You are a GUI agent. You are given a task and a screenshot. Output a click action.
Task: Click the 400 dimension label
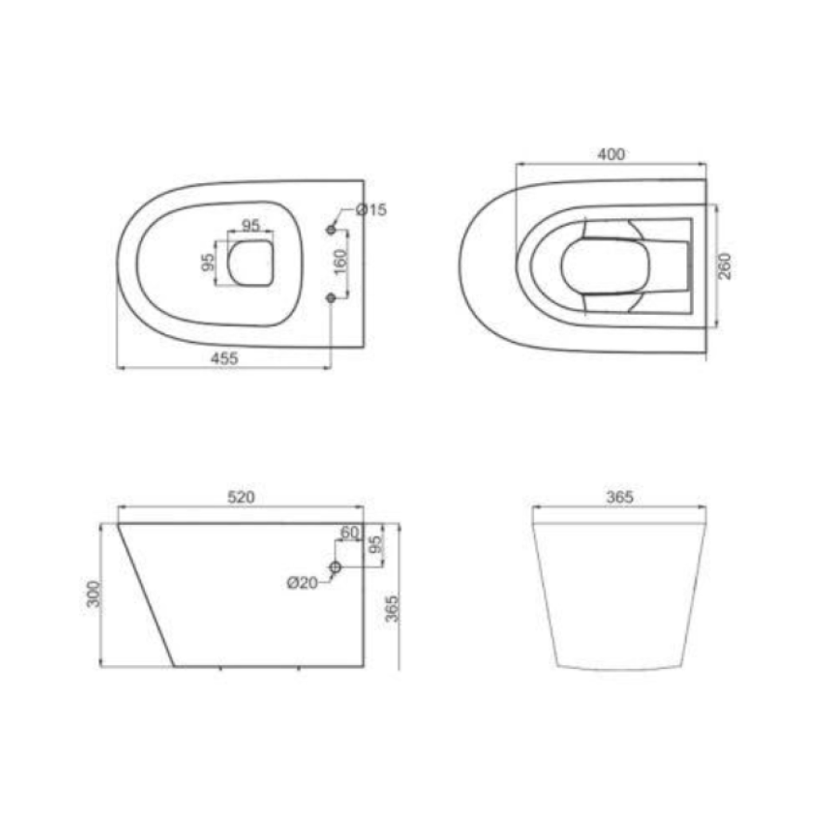point(611,154)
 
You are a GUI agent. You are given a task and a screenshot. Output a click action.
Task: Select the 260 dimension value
point(725,266)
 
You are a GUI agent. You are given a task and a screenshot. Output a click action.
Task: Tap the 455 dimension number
point(225,359)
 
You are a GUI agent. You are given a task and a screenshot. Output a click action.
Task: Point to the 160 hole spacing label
point(341,262)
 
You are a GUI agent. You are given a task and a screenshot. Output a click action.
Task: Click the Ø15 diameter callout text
point(371,210)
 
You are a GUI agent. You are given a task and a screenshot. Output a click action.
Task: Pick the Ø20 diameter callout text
point(302,583)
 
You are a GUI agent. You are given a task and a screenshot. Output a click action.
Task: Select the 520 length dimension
point(242,497)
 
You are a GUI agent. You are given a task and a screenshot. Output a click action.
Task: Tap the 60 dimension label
point(350,532)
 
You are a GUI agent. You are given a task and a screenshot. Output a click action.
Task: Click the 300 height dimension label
point(94,594)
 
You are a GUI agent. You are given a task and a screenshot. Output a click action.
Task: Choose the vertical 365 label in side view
point(392,608)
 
